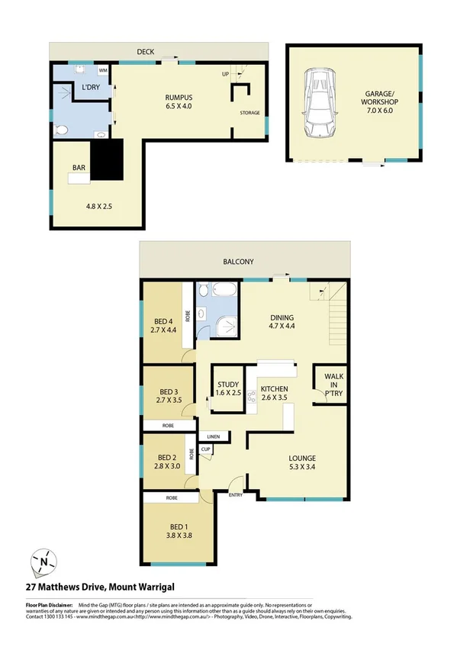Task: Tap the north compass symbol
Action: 43,563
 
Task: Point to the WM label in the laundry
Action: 102,70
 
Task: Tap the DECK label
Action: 146,51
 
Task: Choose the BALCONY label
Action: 239,262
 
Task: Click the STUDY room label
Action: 228,385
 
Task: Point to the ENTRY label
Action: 237,494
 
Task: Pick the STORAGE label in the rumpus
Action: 250,113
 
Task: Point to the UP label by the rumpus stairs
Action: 225,74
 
